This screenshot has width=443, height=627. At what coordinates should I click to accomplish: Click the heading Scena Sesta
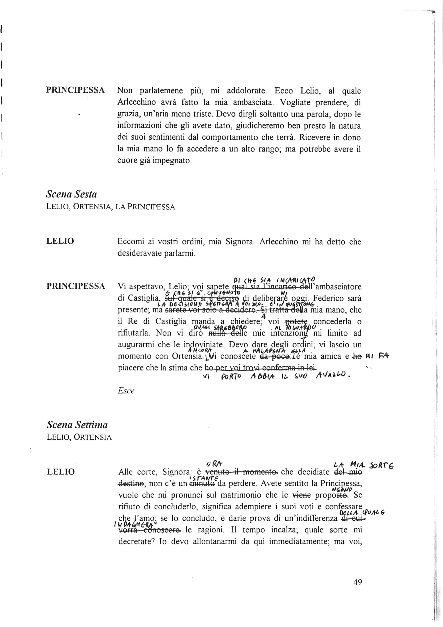click(x=72, y=194)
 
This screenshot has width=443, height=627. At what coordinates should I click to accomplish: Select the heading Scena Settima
click(x=77, y=425)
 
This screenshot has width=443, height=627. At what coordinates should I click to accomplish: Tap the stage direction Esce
click(x=126, y=391)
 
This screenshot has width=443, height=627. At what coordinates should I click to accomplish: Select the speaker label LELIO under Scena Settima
click(x=61, y=472)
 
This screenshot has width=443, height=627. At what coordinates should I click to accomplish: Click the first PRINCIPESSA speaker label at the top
click(x=75, y=90)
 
